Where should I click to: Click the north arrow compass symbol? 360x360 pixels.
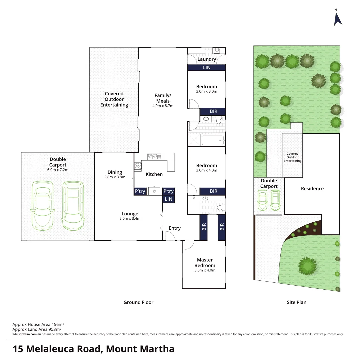click(338, 18)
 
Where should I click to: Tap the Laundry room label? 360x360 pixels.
click(207, 59)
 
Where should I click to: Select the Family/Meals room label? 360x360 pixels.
click(162, 98)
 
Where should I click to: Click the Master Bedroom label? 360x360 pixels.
click(205, 263)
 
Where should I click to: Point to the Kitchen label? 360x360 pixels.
click(154, 174)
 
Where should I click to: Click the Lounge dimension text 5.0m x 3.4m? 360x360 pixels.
click(130, 219)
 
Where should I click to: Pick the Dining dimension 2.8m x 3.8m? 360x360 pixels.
click(115, 177)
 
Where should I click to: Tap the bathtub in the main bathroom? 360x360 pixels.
click(213, 140)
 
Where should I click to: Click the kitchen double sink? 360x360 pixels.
click(154, 156)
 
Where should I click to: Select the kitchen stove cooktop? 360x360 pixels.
click(137, 165)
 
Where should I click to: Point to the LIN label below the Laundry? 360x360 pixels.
click(207, 67)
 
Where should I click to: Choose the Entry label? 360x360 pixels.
click(175, 228)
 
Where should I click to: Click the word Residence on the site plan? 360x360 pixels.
click(312, 188)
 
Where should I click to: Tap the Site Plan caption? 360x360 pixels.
click(296, 302)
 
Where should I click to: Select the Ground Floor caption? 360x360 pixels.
click(138, 302)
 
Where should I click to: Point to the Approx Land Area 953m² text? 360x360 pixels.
click(38, 329)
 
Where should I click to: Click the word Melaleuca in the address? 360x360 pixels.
click(63, 349)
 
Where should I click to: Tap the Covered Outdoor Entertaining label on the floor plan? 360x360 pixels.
click(114, 99)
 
